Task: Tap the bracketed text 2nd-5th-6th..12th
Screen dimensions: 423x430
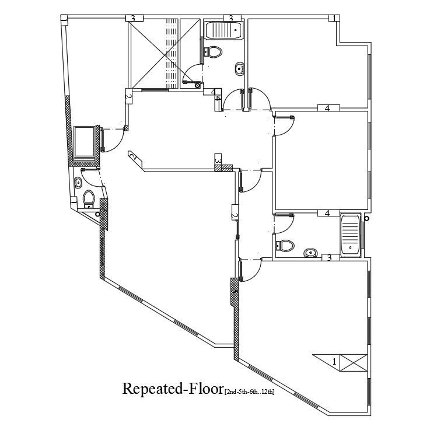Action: point(250,391)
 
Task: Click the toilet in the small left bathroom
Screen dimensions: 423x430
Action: point(89,199)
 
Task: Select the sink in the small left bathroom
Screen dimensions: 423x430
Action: point(79,184)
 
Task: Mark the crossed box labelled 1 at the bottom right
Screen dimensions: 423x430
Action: point(353,362)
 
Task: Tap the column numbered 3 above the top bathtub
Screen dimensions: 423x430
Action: point(231,19)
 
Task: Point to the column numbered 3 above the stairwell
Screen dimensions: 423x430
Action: point(133,19)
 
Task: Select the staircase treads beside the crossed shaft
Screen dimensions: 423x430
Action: point(172,53)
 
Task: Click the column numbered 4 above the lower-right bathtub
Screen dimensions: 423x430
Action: point(328,214)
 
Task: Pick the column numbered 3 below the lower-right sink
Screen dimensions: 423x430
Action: point(330,258)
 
